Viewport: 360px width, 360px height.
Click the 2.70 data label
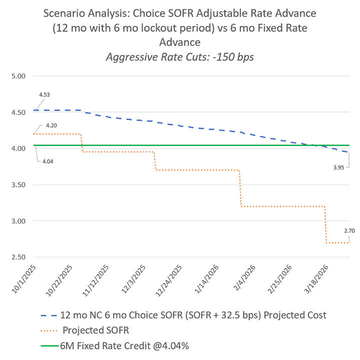click(x=348, y=231)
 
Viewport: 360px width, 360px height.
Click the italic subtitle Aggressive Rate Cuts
click(x=180, y=56)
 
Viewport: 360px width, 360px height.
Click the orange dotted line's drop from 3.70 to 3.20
click(x=240, y=188)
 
